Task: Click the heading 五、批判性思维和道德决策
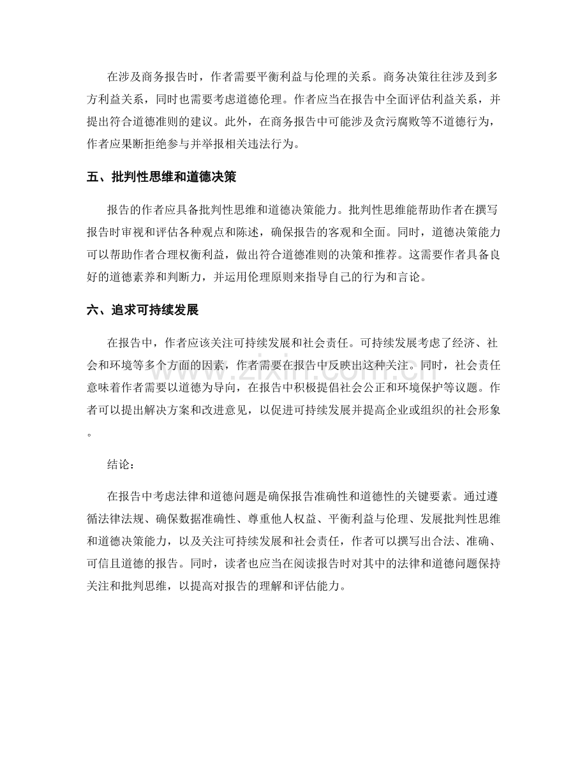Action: (x=161, y=177)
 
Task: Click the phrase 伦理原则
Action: (x=280, y=278)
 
